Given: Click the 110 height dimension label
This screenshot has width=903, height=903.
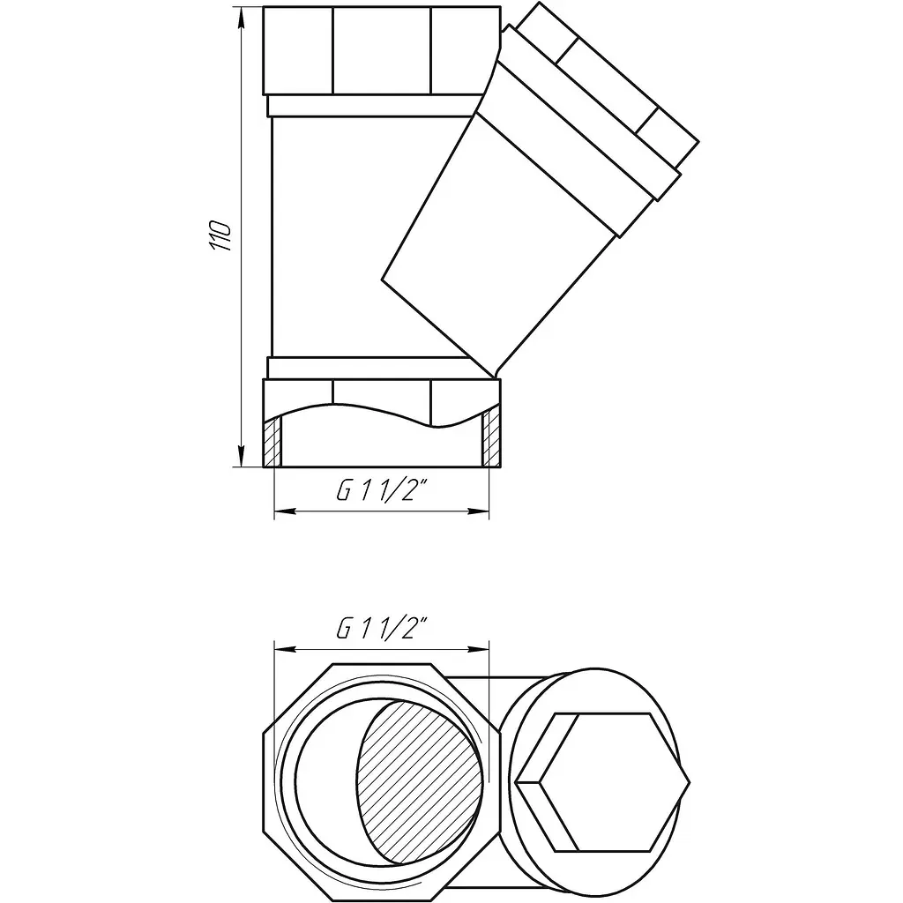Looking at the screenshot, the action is click(x=220, y=235).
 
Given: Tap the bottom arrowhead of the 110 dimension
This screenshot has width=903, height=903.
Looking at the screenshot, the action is click(x=241, y=456).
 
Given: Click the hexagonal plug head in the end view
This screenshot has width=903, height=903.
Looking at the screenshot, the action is click(x=603, y=782).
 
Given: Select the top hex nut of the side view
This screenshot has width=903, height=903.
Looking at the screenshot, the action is click(x=381, y=50).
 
